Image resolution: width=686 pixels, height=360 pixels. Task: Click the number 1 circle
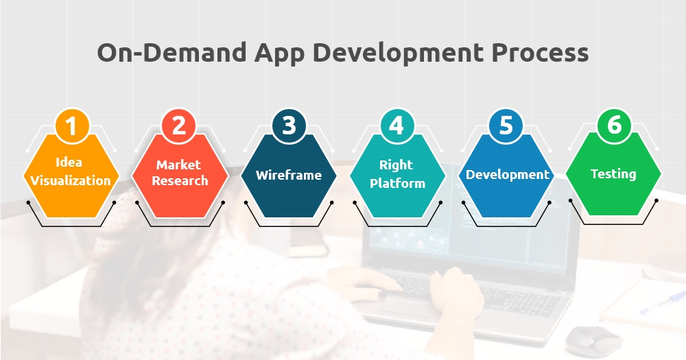(x=72, y=125)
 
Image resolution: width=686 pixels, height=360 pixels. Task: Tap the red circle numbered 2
(x=179, y=125)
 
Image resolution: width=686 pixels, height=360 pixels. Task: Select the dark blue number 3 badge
(x=289, y=125)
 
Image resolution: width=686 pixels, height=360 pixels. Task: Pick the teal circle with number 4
(x=397, y=125)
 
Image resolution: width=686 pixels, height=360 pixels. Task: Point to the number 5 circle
(x=506, y=125)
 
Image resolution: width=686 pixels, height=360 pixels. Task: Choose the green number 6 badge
(x=614, y=125)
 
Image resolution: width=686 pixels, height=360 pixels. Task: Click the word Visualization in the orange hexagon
(x=71, y=180)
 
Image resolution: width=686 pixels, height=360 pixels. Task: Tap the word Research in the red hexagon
(x=180, y=180)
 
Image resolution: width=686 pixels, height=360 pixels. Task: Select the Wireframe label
(x=289, y=175)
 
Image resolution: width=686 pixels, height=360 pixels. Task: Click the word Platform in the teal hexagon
(x=397, y=183)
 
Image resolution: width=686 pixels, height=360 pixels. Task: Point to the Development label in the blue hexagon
(x=507, y=175)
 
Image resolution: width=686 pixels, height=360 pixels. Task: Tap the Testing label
(x=613, y=174)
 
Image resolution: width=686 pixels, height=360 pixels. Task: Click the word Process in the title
(x=540, y=53)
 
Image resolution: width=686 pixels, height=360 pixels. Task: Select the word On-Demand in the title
(x=172, y=53)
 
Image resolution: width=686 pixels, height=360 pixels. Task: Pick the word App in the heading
(x=279, y=53)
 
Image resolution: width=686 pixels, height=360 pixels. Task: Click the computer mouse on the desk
(x=593, y=339)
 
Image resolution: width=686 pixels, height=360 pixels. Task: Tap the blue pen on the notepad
(x=663, y=302)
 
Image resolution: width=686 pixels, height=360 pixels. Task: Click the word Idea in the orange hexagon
(x=69, y=163)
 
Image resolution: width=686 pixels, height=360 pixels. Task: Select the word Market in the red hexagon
(x=178, y=165)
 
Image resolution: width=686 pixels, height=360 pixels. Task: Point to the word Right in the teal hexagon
(x=396, y=165)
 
